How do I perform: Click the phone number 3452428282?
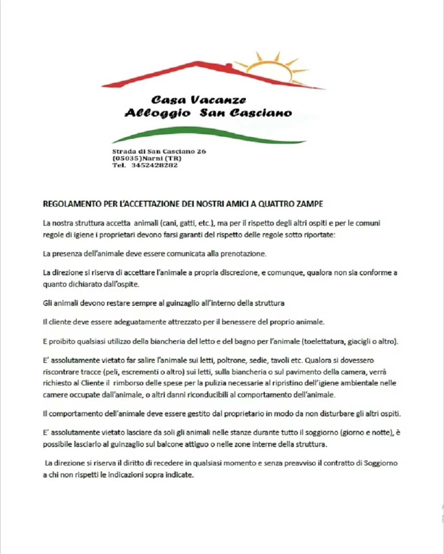click(155, 165)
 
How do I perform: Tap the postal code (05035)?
click(127, 158)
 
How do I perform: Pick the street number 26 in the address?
click(201, 151)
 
